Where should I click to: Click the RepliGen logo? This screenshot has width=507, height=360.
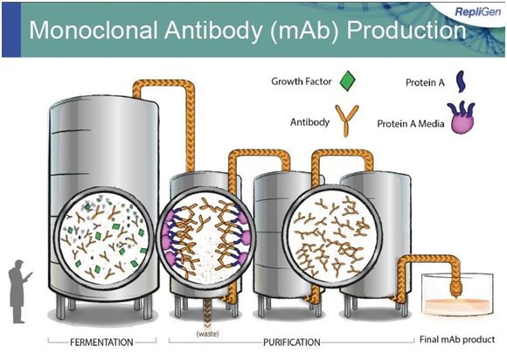477,11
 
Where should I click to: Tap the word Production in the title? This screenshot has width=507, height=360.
406,31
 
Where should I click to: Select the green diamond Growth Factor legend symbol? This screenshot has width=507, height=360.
348,80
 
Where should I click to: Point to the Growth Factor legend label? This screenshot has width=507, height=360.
302,81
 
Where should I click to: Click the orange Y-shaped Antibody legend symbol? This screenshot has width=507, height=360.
347,121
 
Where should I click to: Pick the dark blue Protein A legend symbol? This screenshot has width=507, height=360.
462,82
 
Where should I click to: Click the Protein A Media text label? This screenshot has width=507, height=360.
411,124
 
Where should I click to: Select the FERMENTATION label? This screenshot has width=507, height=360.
101,342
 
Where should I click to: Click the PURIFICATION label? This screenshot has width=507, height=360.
292,342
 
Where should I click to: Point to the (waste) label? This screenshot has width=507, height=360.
207,334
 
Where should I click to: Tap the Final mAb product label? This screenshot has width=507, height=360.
457,340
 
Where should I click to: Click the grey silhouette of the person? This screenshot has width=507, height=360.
18,292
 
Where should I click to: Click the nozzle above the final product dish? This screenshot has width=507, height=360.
455,288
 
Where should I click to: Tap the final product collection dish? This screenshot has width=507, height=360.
457,296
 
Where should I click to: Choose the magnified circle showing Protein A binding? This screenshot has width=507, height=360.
205,239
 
